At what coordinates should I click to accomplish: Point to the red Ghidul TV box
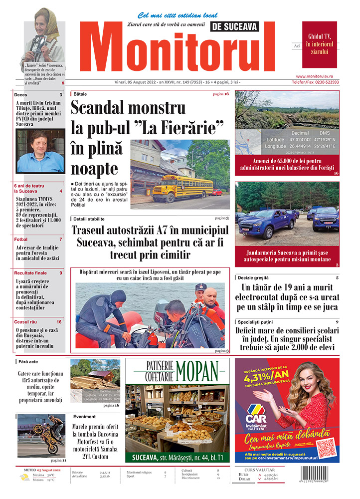[x=319, y=44]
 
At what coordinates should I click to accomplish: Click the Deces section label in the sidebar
[x=21, y=95]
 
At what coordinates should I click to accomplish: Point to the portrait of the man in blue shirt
[x=40, y=151]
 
